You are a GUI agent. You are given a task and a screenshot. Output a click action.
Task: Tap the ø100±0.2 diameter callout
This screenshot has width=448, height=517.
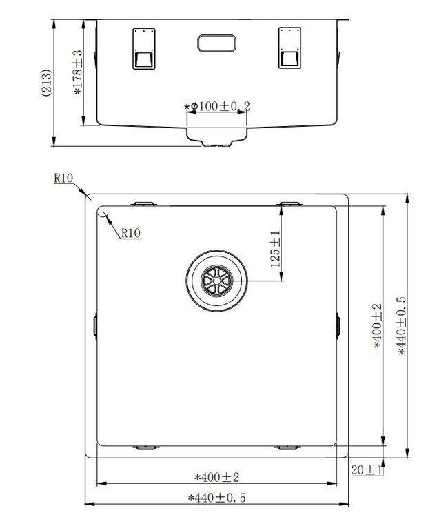(x=217, y=106)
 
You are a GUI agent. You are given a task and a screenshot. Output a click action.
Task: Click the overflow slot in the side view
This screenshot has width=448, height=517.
(x=217, y=43)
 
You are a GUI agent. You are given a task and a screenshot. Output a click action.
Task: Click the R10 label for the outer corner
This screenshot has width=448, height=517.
(x=63, y=178)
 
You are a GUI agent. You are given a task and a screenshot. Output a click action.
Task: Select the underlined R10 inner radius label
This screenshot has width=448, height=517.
(x=130, y=234)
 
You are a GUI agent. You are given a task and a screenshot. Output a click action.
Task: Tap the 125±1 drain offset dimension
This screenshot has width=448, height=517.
(x=275, y=249)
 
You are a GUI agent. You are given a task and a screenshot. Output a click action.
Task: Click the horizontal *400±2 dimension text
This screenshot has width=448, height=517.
(x=217, y=476)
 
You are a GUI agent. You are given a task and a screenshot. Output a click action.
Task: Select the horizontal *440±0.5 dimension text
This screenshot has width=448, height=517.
(x=217, y=497)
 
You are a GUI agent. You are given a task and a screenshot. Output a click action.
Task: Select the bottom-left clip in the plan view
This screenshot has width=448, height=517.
(x=145, y=447)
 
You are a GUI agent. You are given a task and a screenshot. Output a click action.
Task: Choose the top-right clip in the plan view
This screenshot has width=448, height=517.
(x=289, y=203)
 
